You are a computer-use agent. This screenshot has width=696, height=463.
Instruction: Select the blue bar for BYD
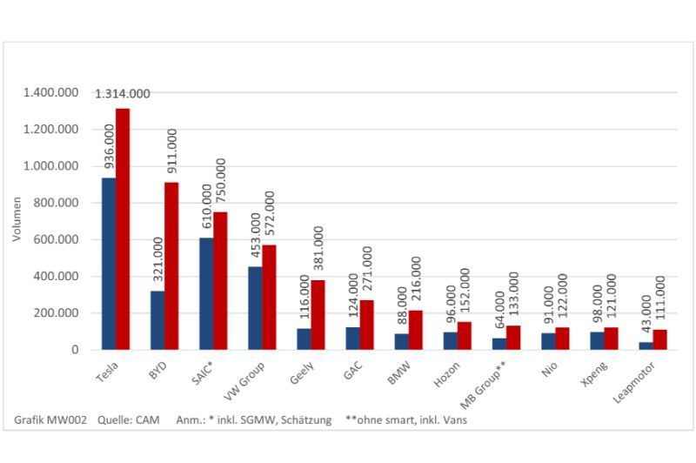tap(157, 320)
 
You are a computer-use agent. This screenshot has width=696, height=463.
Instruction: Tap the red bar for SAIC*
tap(221, 280)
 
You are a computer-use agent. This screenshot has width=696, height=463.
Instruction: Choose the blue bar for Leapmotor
tap(646, 346)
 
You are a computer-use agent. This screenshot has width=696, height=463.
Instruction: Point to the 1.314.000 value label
tap(123, 94)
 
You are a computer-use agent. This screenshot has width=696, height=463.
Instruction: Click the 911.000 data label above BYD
tap(172, 155)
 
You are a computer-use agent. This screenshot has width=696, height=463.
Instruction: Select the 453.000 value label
tap(256, 235)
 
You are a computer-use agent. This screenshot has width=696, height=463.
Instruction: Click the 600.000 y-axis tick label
tap(57, 239)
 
